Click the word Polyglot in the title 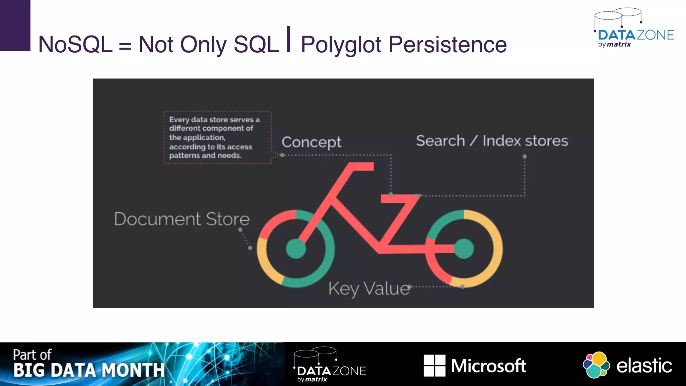[341, 45]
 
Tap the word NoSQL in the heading [75, 45]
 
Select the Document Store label [182, 219]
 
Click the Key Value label [369, 288]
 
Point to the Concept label [311, 142]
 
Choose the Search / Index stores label [492, 141]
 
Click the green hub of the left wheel [296, 249]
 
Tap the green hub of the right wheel [464, 249]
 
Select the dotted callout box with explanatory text [217, 137]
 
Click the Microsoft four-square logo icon [434, 366]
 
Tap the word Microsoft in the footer [488, 366]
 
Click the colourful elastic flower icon [596, 365]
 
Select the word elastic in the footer [644, 366]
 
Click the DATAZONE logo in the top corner [634, 28]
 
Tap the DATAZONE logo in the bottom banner [330, 365]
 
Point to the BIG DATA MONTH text [89, 370]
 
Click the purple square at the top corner [15, 25]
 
